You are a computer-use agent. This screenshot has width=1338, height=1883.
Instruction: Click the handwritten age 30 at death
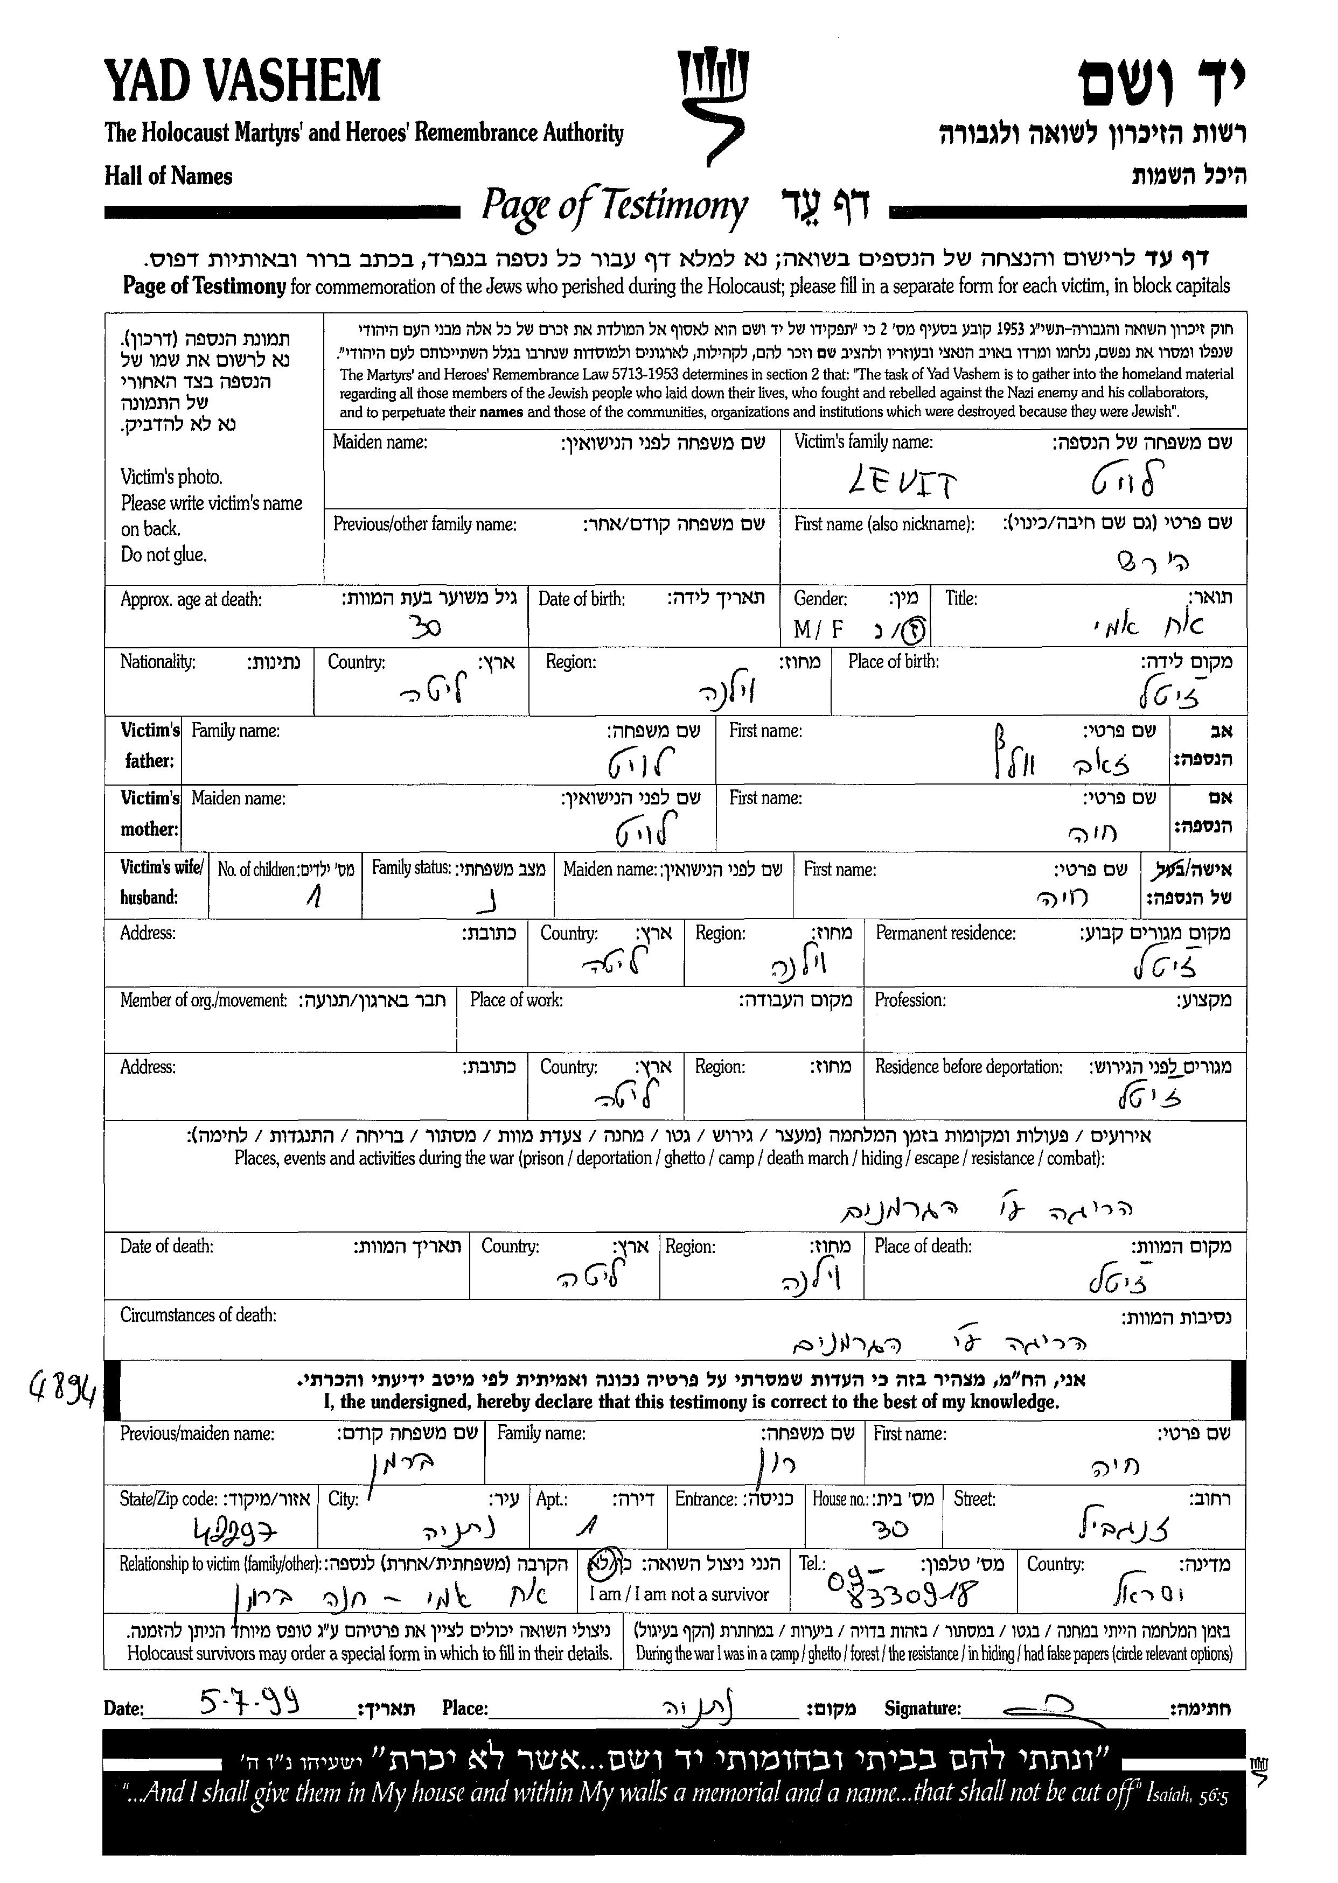[x=426, y=628]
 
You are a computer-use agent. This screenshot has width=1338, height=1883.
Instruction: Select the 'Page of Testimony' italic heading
[x=614, y=206]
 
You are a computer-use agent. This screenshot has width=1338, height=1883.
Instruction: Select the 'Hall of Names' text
[x=168, y=176]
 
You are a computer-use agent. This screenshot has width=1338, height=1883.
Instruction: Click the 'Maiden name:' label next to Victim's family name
[x=380, y=442]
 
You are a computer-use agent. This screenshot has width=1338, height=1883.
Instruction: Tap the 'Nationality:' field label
[x=158, y=661]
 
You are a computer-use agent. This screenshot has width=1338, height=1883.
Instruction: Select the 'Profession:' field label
[x=910, y=1000]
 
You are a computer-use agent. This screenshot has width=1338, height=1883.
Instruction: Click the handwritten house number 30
[x=890, y=1530]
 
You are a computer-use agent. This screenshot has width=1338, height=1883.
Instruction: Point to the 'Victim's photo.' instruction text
[x=171, y=477]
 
